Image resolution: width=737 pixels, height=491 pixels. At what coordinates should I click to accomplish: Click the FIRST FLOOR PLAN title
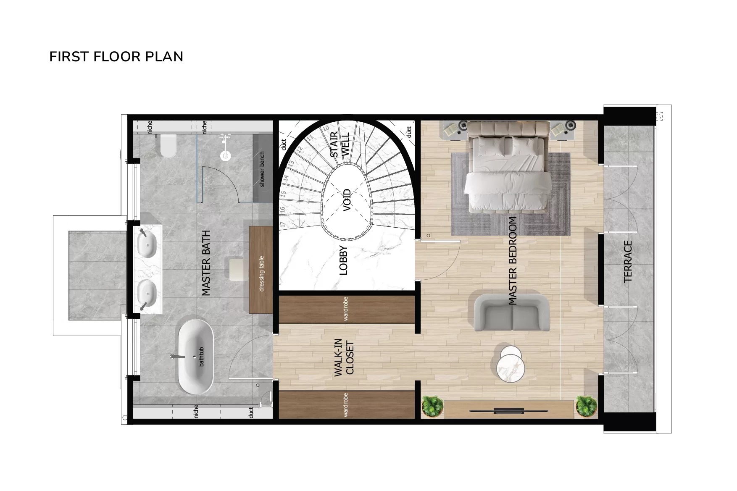coord(116,57)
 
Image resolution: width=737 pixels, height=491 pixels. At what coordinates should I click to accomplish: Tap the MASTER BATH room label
coord(206,263)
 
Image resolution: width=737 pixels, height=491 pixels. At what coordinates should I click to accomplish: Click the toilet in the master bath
coord(168,145)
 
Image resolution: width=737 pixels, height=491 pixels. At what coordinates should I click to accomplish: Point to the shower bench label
coord(262,169)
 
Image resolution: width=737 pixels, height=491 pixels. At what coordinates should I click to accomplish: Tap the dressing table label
coord(262,273)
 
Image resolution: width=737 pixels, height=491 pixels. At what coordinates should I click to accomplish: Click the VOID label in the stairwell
coord(347,200)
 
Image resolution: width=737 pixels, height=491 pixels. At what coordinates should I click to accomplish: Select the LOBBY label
coord(344,260)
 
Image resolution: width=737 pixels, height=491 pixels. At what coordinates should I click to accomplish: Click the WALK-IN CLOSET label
coord(344,357)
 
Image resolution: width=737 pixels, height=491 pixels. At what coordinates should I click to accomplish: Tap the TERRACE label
coord(628,261)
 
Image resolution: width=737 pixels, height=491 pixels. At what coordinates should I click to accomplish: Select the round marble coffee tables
coord(510,364)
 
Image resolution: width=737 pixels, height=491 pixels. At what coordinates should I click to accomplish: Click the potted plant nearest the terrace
coord(586,406)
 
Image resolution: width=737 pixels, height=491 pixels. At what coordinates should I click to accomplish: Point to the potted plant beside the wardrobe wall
coord(432,406)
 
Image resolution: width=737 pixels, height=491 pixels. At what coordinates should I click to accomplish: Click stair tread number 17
coord(283,225)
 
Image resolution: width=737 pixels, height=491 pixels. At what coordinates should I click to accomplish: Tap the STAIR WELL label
coord(340,144)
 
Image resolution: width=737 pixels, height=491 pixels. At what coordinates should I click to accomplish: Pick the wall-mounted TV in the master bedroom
coord(508,410)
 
